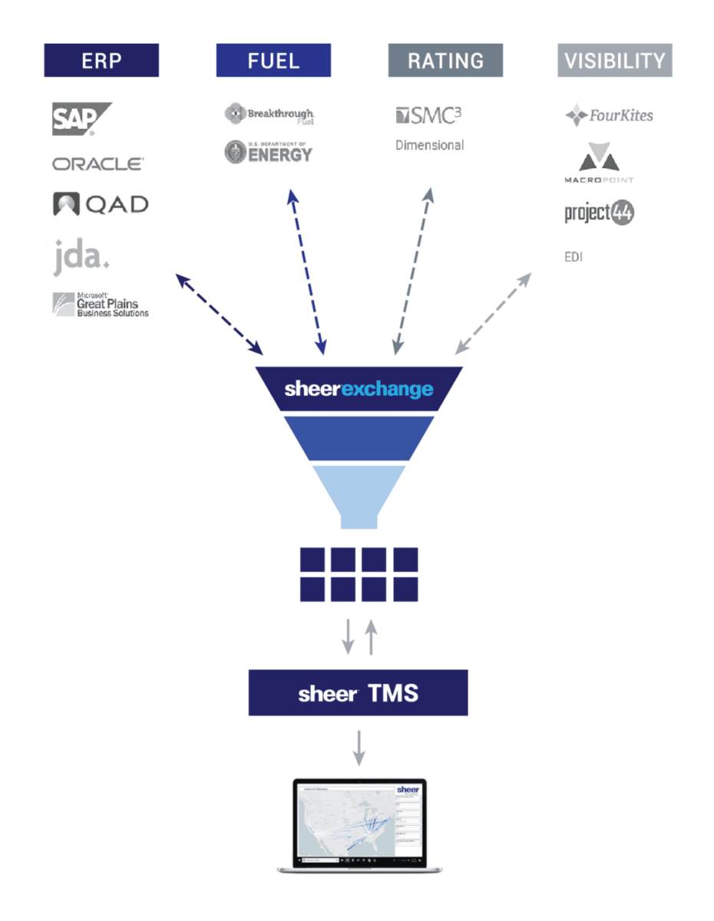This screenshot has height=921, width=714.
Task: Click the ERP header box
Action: coord(101,60)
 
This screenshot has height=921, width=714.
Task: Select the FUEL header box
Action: coord(273,60)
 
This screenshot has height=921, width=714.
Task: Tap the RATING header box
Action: coord(445,60)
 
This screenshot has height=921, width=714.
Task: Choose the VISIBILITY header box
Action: coord(615,60)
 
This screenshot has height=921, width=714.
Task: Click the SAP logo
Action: coord(81,119)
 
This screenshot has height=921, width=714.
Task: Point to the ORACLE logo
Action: coord(98,163)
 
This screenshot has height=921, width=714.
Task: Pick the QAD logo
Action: coord(101,204)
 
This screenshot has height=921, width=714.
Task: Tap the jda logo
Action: coord(81,256)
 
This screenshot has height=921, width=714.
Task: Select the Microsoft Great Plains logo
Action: coord(101,305)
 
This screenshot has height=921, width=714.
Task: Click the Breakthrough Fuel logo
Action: coord(269,115)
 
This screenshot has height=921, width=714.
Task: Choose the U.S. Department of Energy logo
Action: coord(269,151)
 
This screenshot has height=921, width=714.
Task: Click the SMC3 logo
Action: coord(428,116)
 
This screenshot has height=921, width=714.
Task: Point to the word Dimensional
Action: coord(429,145)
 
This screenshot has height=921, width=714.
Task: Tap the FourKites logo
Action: coord(609,116)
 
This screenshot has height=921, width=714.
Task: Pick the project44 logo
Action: coord(600,213)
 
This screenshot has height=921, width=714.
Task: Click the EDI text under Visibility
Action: coord(574,257)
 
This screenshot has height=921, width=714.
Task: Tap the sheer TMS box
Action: coord(358,693)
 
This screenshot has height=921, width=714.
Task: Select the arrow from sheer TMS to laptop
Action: coord(359,747)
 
